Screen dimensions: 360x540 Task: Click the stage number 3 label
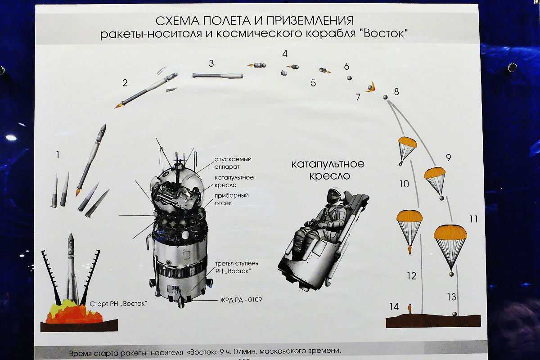(211, 63)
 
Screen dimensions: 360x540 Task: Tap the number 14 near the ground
(394, 306)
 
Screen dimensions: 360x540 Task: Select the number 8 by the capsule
(396, 92)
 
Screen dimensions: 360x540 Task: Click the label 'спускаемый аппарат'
(233, 162)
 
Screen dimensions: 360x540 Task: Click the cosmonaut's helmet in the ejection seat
(333, 195)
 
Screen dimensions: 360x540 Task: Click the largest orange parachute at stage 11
(450, 233)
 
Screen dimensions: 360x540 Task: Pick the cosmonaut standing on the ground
(409, 309)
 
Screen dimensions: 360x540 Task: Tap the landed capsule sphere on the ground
(454, 314)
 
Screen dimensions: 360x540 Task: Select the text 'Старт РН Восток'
(118, 303)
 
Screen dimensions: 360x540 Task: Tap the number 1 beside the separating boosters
(58, 155)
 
